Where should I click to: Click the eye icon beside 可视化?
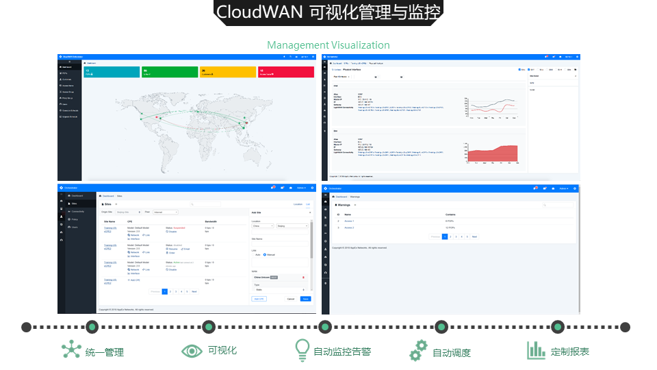[x=192, y=351]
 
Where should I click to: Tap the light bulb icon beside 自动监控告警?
[x=302, y=350]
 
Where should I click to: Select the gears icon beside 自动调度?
[x=418, y=350]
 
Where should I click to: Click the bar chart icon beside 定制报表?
[x=535, y=350]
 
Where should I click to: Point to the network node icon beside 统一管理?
[x=71, y=350]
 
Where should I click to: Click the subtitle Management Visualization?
[x=328, y=45]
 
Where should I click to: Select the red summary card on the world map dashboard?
[x=286, y=71]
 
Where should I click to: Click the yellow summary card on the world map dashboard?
[x=228, y=71]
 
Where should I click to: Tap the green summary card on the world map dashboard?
[x=169, y=71]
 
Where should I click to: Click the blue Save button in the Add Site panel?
[x=306, y=299]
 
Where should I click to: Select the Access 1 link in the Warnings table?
[x=348, y=221]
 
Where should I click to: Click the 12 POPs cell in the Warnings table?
[x=451, y=227]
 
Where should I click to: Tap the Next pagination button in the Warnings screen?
[x=474, y=236]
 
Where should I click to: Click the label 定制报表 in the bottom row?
[x=569, y=351]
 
